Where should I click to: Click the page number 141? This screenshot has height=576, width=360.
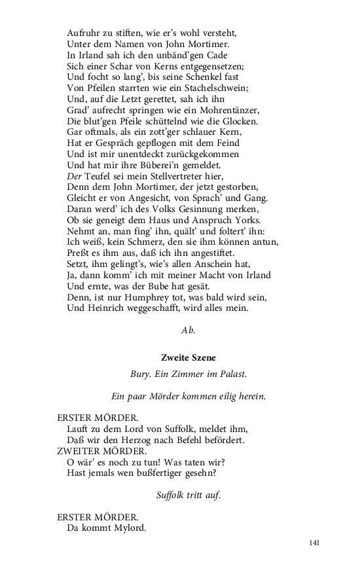point(313,542)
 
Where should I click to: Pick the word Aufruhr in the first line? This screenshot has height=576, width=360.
point(83,33)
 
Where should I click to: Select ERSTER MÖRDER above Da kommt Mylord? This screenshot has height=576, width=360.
point(98,518)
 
